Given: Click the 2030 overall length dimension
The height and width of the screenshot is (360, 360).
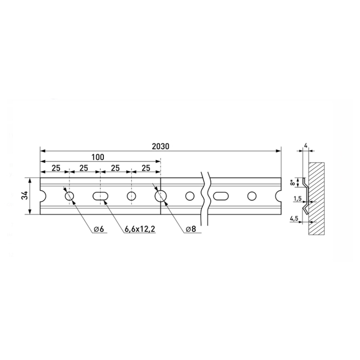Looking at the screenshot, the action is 160,146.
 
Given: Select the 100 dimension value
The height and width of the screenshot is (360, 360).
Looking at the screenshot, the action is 98,157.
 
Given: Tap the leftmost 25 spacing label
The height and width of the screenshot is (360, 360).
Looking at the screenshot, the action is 56,168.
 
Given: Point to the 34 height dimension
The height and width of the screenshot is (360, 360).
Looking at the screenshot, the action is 25,195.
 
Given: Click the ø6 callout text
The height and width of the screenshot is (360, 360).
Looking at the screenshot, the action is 99,229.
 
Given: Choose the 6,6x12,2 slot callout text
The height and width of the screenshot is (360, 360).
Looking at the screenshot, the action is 140,229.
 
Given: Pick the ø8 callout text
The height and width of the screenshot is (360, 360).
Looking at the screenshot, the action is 191,229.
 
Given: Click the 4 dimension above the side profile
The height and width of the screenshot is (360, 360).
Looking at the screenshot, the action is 305,146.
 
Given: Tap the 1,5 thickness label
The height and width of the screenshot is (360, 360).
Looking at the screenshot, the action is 297,199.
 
